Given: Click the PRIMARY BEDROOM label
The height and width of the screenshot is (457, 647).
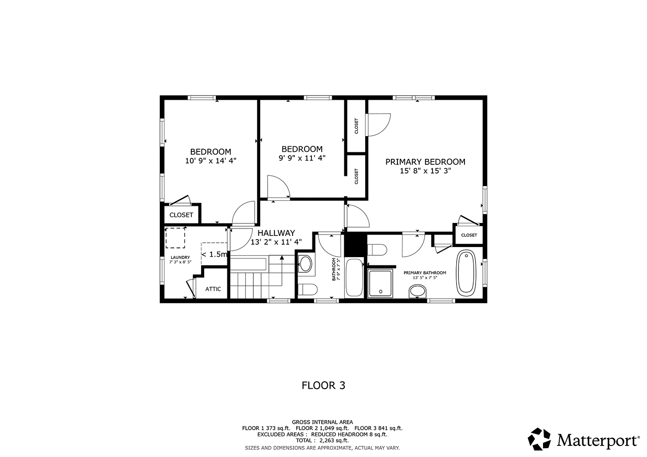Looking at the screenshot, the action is point(425,162).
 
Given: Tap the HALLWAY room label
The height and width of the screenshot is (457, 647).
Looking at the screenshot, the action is point(276,233).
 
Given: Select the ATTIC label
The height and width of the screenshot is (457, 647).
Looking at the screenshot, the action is point(213,289).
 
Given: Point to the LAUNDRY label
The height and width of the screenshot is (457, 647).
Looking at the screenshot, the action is point(180,258).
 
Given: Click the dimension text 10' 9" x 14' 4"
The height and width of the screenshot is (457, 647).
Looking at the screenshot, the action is point(211,161).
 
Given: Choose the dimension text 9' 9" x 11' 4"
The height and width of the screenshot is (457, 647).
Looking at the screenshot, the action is point(302,158).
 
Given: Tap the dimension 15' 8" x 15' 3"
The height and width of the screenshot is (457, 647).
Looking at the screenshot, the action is point(425,171).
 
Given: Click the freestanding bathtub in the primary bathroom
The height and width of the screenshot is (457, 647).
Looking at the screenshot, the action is point(466,273).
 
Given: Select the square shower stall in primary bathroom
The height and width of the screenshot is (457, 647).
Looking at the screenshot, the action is point(380,283).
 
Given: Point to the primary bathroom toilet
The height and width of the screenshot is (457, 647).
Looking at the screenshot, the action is point(377,250).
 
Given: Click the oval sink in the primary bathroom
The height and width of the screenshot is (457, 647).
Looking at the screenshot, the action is point(418,291).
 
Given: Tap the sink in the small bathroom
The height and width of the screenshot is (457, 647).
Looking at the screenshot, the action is point(305,264).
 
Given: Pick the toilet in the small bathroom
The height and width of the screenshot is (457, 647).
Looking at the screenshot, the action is point(308,289).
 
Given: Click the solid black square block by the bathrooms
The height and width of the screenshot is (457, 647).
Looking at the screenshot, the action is point(355,245).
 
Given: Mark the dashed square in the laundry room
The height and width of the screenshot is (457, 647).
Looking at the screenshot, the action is point(175,238).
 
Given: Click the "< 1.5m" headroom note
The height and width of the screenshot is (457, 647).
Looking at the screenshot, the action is point(214,254).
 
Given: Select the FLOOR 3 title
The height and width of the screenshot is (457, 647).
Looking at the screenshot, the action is point(323,385).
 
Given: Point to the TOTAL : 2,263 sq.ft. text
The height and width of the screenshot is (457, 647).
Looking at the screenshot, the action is point(322,440).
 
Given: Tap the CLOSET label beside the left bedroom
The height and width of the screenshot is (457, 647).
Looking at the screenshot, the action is point(181,215).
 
